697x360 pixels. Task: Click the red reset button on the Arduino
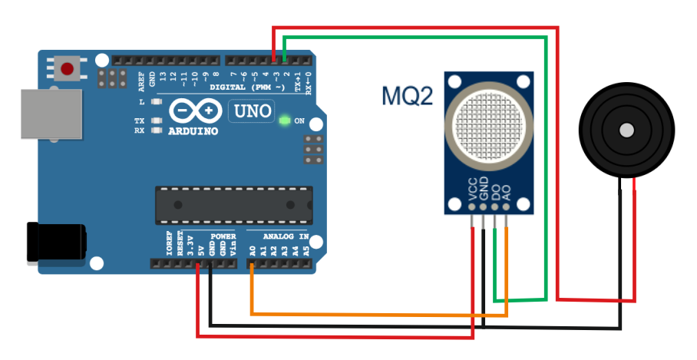68,69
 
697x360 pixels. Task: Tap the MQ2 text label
408,97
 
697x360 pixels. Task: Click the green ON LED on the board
285,121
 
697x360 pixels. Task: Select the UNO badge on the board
252,111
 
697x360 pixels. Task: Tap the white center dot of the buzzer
627,130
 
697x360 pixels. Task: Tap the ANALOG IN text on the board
286,236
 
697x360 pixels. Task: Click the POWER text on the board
223,236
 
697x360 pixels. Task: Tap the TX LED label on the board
139,121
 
